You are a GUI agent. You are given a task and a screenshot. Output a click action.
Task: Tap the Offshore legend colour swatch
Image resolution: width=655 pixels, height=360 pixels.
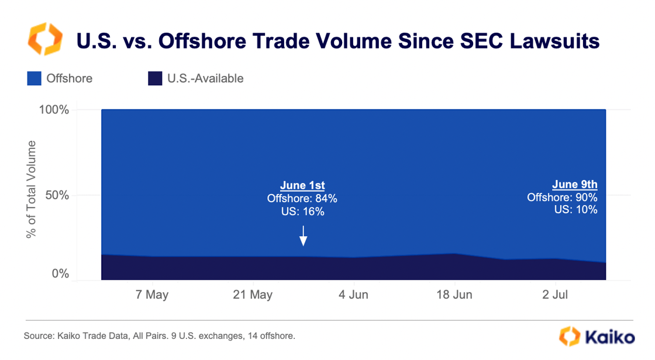point(35,78)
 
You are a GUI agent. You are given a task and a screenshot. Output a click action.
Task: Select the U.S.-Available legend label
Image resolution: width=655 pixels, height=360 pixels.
point(205,78)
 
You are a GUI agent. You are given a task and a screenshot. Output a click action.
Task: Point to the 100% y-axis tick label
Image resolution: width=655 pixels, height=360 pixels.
point(54,110)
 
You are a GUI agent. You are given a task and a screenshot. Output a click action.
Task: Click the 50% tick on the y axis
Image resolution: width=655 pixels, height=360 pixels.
point(57,195)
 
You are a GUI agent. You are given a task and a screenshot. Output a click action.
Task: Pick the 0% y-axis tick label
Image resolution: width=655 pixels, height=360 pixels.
point(60,274)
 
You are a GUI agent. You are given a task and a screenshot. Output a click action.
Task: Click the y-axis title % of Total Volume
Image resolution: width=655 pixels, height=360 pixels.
point(31,189)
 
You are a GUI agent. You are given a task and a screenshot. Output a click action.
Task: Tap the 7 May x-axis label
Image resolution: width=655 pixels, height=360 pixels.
point(152,295)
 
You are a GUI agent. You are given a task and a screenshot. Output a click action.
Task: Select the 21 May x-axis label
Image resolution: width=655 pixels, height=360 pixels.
point(253,295)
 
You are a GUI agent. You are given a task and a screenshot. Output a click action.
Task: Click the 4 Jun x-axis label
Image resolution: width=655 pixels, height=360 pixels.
point(353,295)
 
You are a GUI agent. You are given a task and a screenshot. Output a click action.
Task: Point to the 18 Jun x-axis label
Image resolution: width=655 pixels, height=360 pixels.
point(454,295)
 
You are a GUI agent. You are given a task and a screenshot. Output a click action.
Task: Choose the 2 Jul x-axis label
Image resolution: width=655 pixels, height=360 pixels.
point(554,295)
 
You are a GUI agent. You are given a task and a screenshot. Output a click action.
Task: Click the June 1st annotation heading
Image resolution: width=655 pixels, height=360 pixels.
point(302,186)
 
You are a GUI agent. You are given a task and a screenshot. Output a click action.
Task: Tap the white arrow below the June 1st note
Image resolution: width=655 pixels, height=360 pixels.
point(303,236)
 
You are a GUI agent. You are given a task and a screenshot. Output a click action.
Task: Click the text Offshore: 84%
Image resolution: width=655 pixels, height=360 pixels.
point(302,199)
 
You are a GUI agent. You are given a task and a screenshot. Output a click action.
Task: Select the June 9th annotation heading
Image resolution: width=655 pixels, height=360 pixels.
point(574,185)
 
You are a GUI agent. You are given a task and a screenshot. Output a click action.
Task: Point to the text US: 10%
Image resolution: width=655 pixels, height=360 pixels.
point(575,210)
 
